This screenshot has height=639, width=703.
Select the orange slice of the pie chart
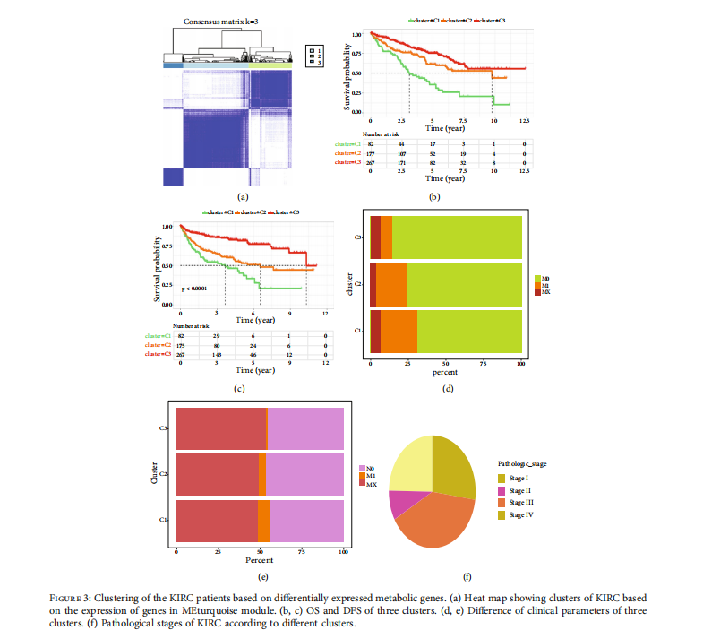tap(437, 522)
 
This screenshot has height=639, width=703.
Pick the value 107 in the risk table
tap(401, 153)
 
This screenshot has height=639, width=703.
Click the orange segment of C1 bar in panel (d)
tap(399, 331)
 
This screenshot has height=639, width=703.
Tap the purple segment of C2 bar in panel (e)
tap(304, 474)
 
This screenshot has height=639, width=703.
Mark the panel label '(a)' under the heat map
tap(241, 195)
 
